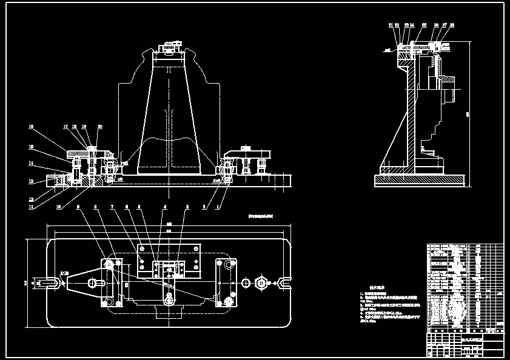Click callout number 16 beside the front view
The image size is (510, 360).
click(31, 127)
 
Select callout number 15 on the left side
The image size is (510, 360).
click(31, 147)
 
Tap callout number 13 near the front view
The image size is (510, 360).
click(31, 181)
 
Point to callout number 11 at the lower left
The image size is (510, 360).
click(31, 207)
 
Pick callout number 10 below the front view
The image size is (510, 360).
click(59, 207)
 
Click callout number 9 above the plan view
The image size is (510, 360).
click(78, 207)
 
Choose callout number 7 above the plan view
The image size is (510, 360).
click(112, 207)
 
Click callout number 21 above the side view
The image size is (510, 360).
click(391, 25)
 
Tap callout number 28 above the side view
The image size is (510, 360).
click(452, 25)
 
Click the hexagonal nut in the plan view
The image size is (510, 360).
click(261, 282)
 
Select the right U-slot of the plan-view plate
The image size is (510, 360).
click(283, 282)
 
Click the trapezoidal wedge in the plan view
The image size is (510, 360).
click(79, 282)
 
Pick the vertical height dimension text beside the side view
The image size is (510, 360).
click(468, 113)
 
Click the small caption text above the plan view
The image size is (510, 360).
click(261, 216)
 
